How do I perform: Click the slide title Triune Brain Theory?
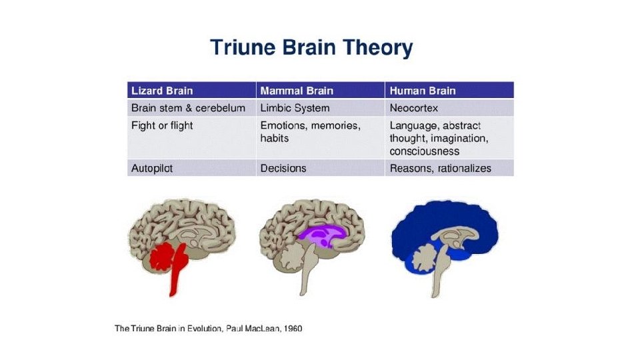311,48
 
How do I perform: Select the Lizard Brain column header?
159,91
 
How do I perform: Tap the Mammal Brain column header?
296,91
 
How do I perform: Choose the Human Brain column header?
423,91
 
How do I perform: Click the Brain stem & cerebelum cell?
188,108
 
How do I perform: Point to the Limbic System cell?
295,108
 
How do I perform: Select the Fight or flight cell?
161,125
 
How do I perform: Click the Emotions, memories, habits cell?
309,131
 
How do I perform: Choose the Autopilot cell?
152,169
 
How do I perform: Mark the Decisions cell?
283,169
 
